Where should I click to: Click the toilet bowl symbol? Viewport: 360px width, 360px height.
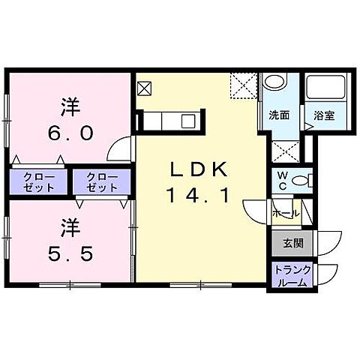(x=301, y=180)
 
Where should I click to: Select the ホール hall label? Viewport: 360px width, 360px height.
(x=286, y=214)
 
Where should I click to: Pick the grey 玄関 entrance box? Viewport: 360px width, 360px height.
(x=293, y=242)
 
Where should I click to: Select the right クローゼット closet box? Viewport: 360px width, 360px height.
(x=102, y=182)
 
